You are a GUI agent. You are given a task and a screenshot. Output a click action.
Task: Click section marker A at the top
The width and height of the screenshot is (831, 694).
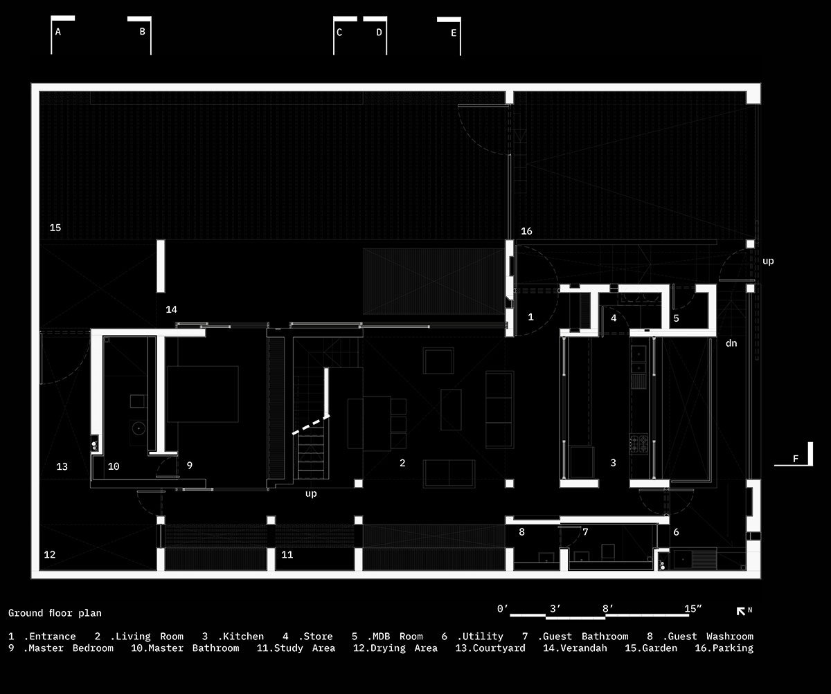click(x=58, y=32)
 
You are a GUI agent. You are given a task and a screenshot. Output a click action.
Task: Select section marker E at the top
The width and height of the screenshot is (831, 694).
click(x=454, y=33)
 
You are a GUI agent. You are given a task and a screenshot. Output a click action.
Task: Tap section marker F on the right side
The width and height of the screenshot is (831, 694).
click(x=796, y=459)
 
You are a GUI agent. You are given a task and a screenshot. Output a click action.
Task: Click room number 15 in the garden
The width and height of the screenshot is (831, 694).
click(x=55, y=228)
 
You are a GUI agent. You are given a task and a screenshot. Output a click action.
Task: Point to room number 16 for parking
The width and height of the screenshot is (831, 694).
click(x=526, y=231)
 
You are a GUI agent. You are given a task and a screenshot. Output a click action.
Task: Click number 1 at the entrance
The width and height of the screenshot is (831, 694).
click(x=530, y=317)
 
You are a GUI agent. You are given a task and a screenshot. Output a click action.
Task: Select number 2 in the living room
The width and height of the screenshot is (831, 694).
click(x=402, y=463)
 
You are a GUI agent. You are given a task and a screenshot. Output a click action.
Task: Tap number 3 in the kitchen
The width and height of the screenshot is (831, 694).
click(x=613, y=463)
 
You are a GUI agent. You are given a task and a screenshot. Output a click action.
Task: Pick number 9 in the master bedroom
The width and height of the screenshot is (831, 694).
click(x=189, y=466)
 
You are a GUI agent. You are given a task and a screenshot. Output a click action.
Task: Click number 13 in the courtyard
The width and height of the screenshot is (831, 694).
click(x=62, y=467)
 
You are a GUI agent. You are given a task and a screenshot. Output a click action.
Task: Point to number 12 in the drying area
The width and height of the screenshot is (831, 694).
click(x=49, y=554)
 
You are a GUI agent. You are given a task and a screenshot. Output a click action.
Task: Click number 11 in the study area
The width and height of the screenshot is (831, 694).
click(x=287, y=554)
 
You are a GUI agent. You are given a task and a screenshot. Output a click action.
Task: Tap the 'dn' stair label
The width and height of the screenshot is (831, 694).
click(x=731, y=343)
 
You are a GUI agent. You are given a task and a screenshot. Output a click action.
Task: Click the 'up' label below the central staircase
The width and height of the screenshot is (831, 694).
click(x=311, y=494)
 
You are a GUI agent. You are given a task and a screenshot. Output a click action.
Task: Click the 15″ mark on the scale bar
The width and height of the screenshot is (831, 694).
click(x=692, y=609)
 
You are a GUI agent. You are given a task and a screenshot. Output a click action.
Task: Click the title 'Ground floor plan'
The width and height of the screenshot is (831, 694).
click(x=55, y=613)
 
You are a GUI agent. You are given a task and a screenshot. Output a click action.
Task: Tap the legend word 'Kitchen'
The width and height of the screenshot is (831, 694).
click(x=241, y=637)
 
